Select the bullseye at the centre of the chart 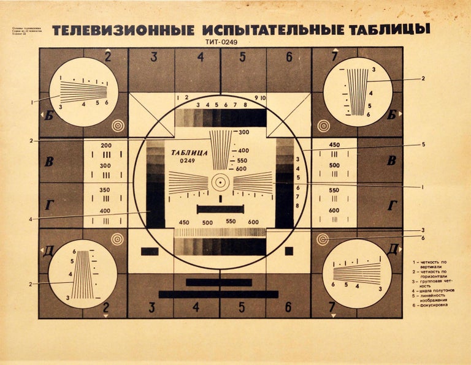(x=220, y=182)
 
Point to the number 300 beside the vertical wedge (x=243, y=132)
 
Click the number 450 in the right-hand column (x=334, y=145)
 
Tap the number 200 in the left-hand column (x=105, y=145)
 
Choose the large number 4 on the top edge (x=200, y=58)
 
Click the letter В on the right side (x=391, y=162)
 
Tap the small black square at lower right (x=289, y=250)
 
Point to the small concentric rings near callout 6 (x=323, y=239)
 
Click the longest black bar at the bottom (x=218, y=294)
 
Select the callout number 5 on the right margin (x=423, y=145)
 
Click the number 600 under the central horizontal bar (x=253, y=222)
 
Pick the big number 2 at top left (x=108, y=58)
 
